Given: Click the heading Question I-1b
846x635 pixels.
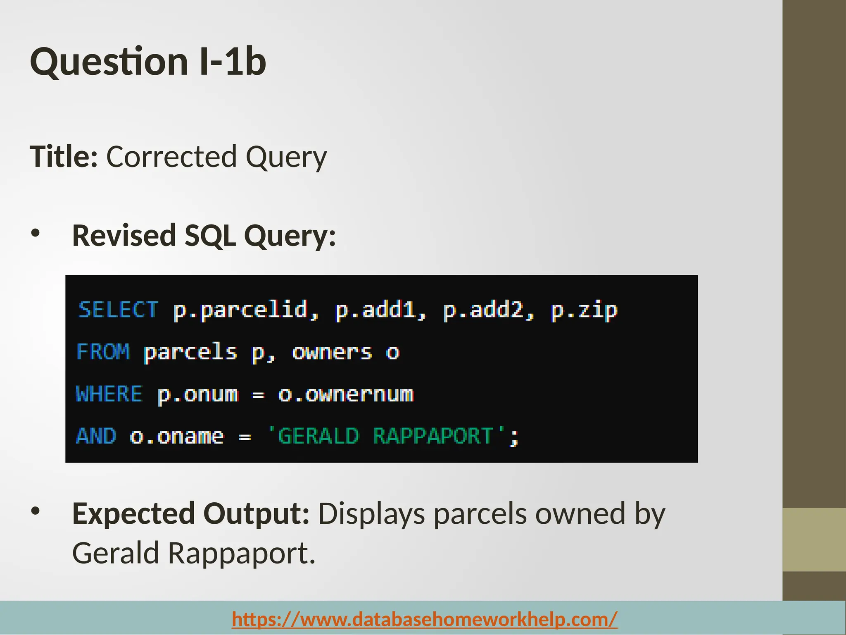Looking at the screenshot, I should (148, 62).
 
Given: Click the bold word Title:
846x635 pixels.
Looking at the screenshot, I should (64, 157).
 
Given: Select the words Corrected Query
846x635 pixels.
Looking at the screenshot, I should (216, 158).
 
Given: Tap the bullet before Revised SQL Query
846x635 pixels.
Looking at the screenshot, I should (36, 233).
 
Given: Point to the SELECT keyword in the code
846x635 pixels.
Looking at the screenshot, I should (118, 310).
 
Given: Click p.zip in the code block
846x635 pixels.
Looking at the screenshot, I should (584, 310).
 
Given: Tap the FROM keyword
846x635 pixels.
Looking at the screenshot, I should (103, 352).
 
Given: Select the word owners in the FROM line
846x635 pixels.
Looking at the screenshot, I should (332, 353).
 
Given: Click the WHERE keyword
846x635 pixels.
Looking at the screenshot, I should (109, 394).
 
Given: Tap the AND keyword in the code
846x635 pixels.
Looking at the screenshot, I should (96, 436).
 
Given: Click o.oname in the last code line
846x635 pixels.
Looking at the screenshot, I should (177, 437).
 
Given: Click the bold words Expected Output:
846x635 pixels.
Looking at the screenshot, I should (190, 514).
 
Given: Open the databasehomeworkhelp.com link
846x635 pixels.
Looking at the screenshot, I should (425, 619).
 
